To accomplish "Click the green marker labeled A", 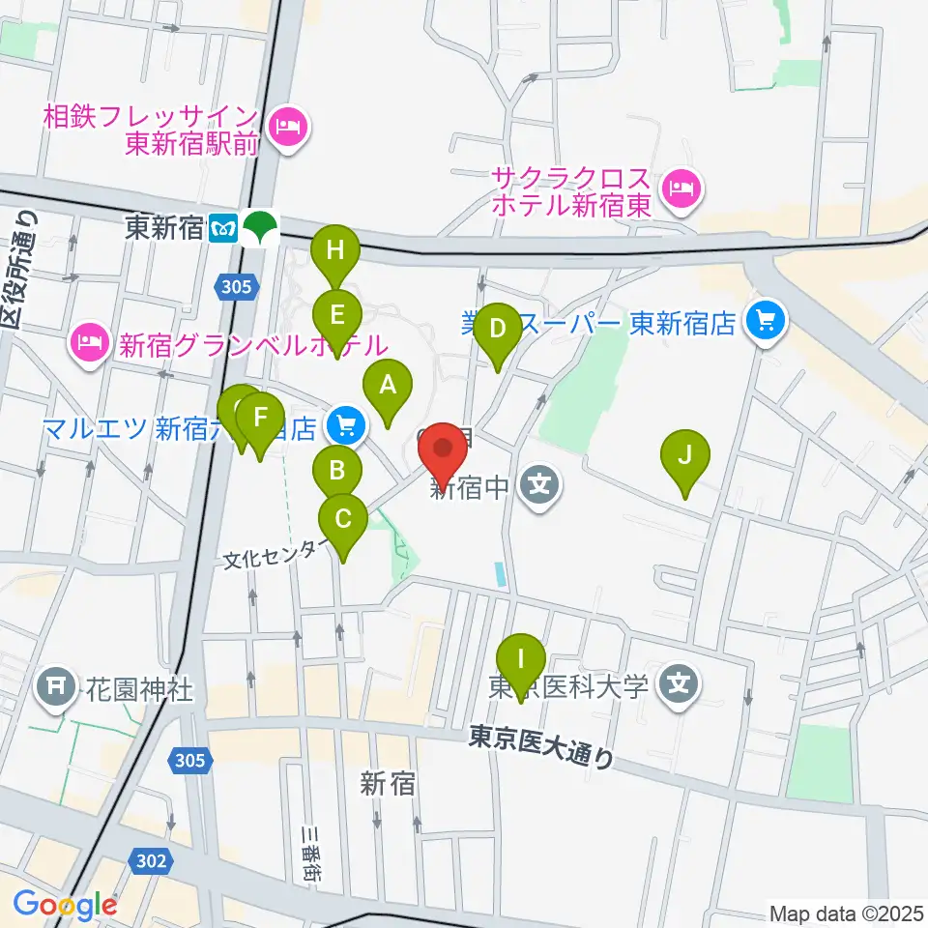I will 387,387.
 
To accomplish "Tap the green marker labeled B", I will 337,471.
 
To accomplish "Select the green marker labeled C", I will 343,521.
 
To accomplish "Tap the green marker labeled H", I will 334,251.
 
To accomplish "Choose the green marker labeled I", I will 521,660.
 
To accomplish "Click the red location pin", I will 445,449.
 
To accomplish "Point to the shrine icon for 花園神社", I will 54,687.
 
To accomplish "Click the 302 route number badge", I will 152,860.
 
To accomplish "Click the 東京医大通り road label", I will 541,747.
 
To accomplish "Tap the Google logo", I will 65,906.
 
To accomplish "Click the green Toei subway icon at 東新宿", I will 259,228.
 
